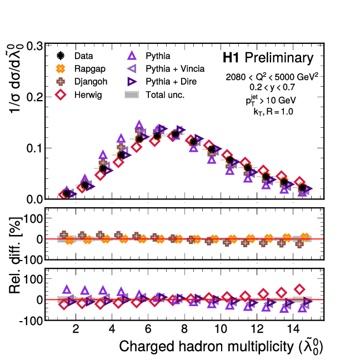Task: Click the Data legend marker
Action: (62, 56)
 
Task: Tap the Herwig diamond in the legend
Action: (62, 94)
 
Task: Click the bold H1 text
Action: (231, 58)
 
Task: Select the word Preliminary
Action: (279, 58)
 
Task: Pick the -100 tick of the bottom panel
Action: (30, 321)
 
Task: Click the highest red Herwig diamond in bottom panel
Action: (299, 289)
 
